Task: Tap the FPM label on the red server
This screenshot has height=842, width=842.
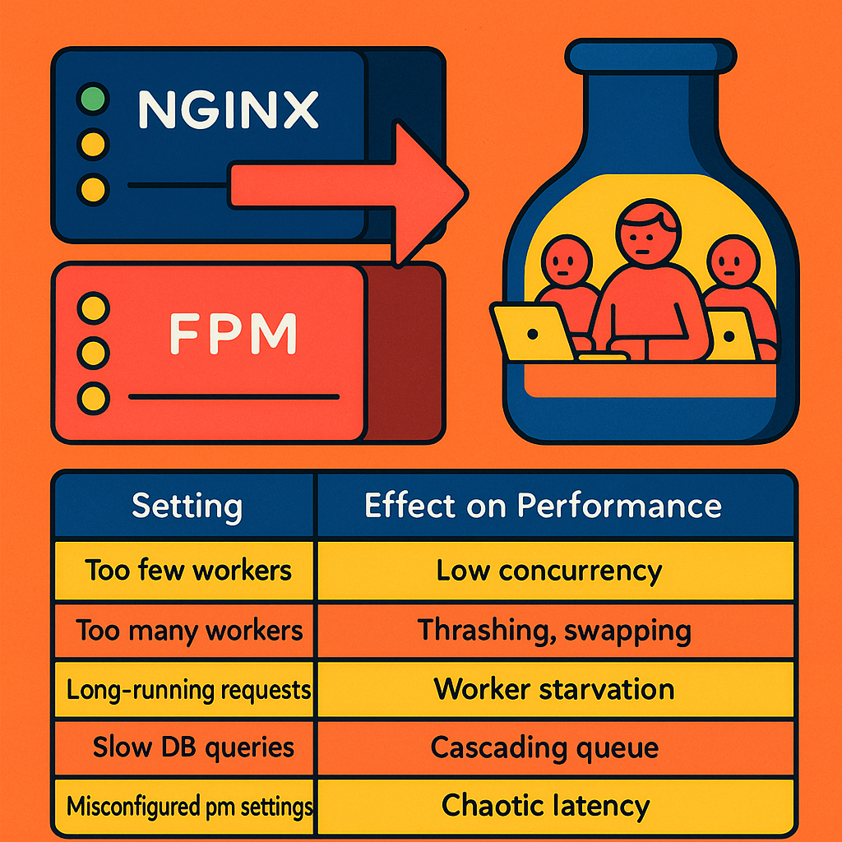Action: tap(233, 333)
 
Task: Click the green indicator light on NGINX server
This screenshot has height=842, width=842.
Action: tap(92, 100)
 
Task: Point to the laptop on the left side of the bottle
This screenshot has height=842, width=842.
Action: tap(531, 331)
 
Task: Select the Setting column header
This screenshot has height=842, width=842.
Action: tap(187, 506)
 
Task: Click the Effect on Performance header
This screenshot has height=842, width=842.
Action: tap(543, 506)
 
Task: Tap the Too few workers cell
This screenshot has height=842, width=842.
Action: tap(188, 570)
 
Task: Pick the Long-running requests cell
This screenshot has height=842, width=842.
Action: tap(188, 689)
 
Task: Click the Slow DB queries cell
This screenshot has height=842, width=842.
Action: tap(192, 747)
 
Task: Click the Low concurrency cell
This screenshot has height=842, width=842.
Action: tap(548, 570)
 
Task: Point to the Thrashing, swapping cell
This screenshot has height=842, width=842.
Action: tap(553, 630)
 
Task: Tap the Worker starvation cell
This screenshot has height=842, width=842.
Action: tap(553, 689)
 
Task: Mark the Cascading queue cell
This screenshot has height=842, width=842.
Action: tap(544, 747)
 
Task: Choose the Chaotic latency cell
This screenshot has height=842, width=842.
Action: tap(545, 806)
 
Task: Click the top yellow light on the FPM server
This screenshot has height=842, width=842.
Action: tap(92, 310)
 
